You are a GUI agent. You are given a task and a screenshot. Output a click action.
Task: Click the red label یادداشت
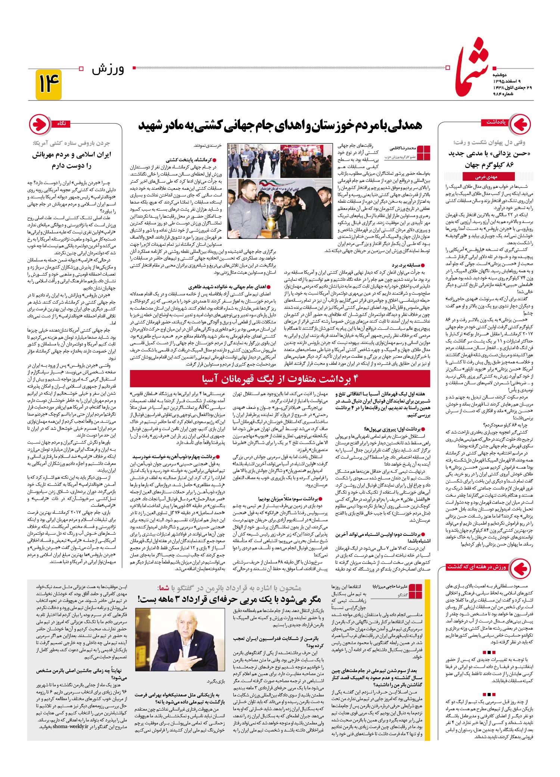(x=496, y=122)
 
